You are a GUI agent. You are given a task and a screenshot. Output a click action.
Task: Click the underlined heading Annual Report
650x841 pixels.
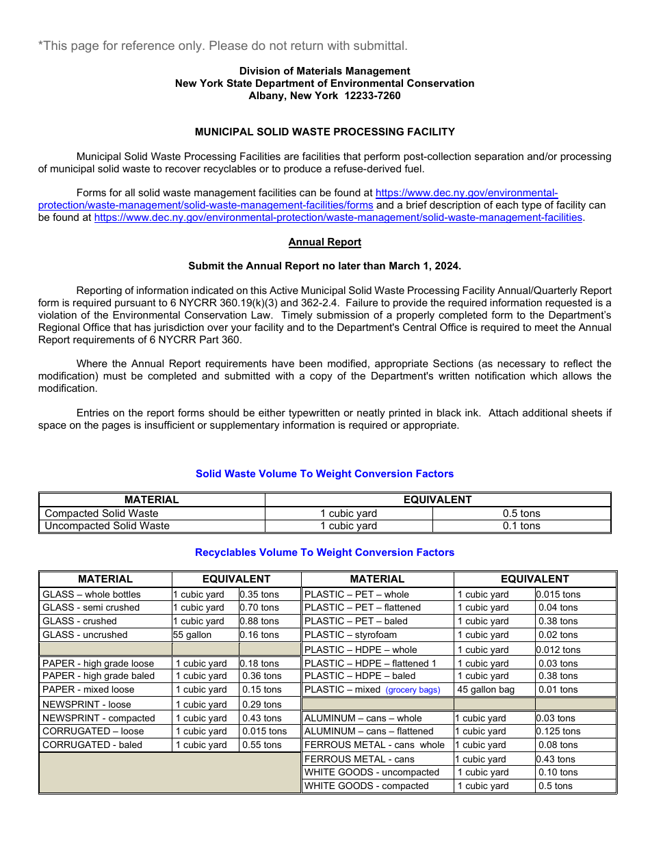coord(324,242)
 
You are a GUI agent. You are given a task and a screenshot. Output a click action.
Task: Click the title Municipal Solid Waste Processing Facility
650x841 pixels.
coord(324,132)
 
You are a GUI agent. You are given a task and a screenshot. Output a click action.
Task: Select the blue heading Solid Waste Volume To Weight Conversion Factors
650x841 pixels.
coord(324,474)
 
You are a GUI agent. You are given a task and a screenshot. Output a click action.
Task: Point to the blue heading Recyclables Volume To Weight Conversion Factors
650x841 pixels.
coord(324,552)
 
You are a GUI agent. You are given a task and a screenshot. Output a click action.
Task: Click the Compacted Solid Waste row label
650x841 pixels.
coord(101,513)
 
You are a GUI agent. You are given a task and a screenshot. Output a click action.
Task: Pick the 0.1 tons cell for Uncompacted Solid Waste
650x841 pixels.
coord(521,526)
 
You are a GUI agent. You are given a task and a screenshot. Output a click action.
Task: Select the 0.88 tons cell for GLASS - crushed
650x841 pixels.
coord(259,622)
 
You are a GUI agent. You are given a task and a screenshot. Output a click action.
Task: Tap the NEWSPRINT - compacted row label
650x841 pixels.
coord(99,718)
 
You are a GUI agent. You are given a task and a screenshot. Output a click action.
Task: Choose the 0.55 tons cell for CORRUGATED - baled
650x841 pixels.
coord(261,745)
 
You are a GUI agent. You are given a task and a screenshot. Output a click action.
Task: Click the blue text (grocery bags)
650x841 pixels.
coord(413,690)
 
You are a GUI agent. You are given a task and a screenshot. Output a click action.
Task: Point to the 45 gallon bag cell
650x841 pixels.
coord(486,690)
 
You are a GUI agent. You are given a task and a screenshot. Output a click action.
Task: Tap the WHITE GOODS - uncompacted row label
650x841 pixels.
coord(372,773)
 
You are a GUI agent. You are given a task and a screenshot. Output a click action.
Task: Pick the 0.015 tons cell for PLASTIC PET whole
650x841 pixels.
coord(558,595)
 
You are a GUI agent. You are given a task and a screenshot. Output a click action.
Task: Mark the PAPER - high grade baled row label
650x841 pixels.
coord(99,676)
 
